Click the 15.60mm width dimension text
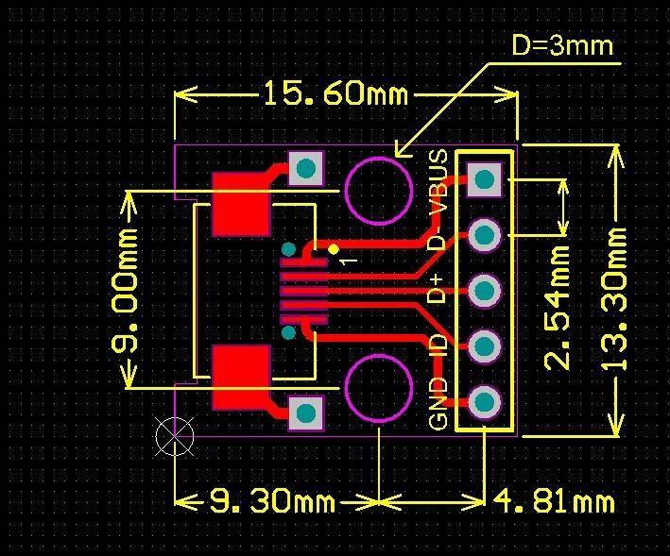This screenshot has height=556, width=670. tap(335, 94)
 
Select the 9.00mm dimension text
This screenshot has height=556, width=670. tap(126, 289)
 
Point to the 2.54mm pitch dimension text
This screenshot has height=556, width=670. tap(558, 307)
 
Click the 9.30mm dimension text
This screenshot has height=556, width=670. tap(272, 501)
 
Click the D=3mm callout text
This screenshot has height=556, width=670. tap(561, 44)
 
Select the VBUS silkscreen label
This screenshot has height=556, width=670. tap(438, 180)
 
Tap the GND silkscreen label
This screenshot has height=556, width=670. tap(438, 403)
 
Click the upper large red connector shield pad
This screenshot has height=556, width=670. tap(241, 203)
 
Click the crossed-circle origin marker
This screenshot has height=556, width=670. tap(174, 435)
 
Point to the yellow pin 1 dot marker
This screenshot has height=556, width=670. tap(334, 249)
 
